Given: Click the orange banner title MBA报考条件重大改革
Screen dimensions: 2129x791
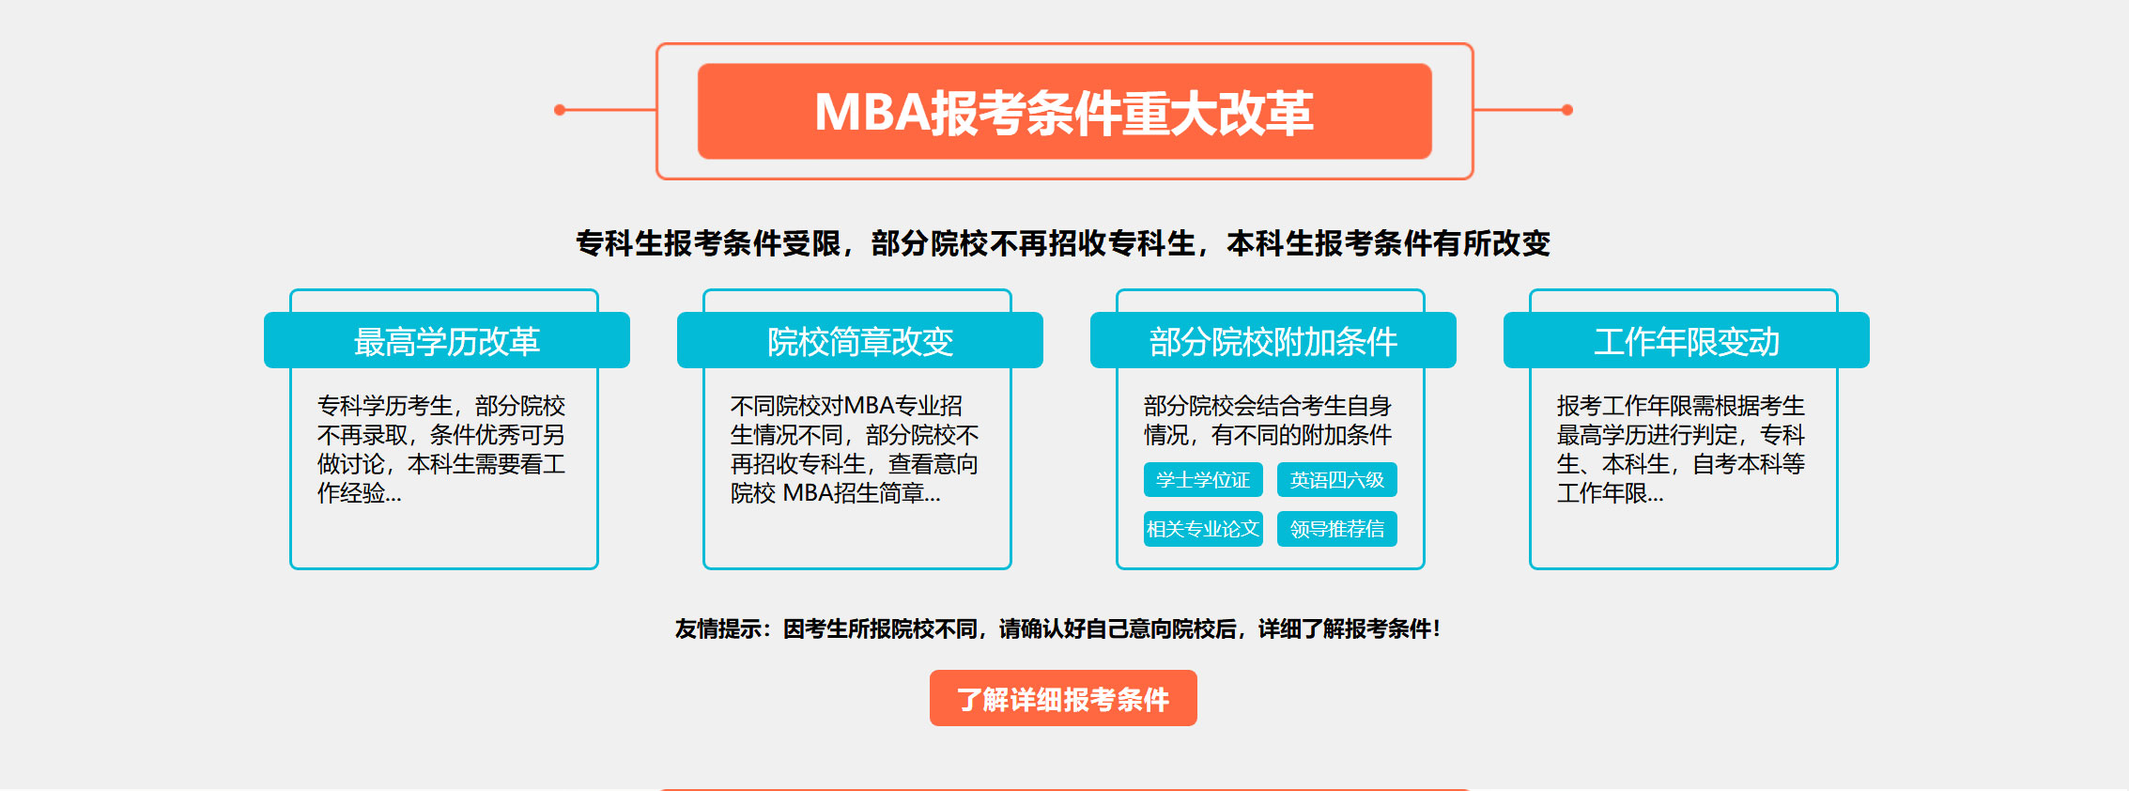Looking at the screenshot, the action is [1064, 112].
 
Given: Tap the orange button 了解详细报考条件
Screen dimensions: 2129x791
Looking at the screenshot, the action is [1063, 698].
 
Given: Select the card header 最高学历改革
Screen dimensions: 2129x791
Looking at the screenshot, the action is [447, 340].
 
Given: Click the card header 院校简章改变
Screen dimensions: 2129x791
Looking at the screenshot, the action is [860, 340].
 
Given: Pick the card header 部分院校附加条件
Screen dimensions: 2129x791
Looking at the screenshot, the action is [1273, 340].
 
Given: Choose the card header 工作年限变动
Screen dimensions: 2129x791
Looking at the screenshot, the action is [1687, 340].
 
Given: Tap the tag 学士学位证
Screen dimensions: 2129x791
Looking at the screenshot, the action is [1203, 479].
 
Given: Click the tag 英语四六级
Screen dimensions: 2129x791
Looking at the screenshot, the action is [1337, 479].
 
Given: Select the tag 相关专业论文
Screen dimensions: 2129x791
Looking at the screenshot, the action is [1203, 529].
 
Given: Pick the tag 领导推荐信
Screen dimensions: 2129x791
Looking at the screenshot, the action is [1337, 529].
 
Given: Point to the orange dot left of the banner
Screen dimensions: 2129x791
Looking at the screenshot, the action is [560, 110].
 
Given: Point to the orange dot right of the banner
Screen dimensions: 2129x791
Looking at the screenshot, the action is [1567, 110].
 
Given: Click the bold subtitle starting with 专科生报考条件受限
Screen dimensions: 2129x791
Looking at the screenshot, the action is [1063, 243].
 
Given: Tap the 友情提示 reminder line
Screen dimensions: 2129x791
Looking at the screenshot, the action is [1057, 628].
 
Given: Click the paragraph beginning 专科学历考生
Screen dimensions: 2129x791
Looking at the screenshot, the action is [441, 449].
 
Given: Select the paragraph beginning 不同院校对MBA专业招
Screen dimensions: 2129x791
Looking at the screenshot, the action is [855, 449].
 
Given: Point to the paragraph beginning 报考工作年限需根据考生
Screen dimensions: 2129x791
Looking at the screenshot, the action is [1681, 449].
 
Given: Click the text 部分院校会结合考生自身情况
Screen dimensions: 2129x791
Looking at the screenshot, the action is [1268, 420].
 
